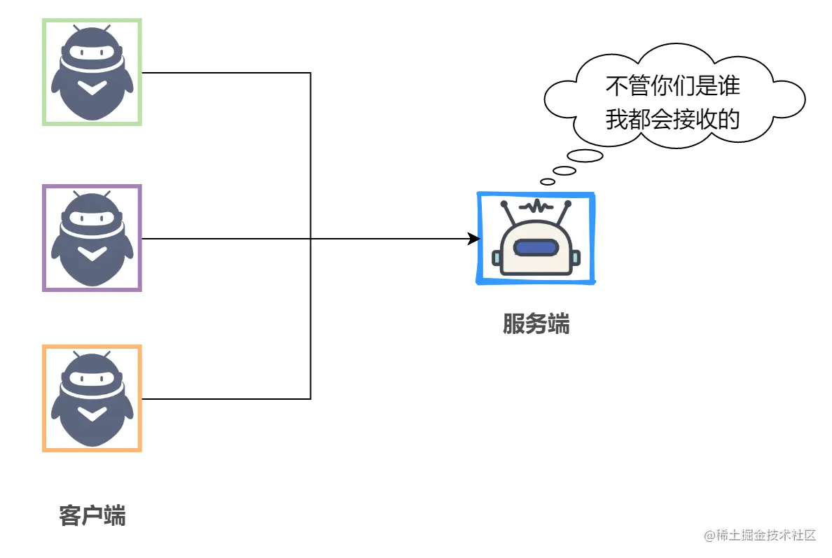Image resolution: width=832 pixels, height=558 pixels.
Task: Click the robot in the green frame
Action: click(92, 73)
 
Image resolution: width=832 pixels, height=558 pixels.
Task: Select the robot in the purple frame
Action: click(92, 238)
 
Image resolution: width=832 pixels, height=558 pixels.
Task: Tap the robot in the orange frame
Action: click(92, 398)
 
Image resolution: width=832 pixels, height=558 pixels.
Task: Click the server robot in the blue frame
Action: click(536, 238)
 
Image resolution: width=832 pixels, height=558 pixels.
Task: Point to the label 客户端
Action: click(92, 515)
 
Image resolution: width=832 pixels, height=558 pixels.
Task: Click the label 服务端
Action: click(536, 324)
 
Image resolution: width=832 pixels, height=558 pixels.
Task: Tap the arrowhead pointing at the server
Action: click(474, 239)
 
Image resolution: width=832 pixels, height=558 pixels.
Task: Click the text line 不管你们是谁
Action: click(672, 87)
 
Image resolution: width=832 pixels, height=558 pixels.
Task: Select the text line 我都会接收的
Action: click(672, 120)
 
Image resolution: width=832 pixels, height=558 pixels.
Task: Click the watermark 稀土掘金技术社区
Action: click(760, 536)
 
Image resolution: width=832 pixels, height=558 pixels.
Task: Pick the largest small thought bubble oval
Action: click(585, 156)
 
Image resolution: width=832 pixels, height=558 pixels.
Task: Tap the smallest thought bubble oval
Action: click(548, 181)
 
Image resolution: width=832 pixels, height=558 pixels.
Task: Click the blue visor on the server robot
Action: click(536, 248)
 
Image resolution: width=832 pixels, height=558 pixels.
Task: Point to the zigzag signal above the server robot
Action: click(536, 206)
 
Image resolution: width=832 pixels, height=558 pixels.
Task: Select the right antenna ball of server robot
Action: click(567, 204)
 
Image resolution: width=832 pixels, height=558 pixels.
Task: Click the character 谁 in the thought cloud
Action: click(729, 87)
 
